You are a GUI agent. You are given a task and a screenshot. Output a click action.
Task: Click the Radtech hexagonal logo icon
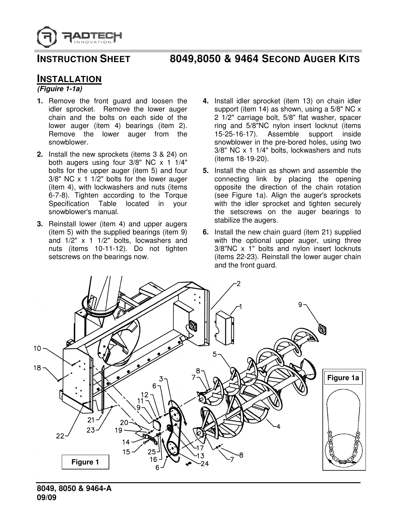(x=47, y=37)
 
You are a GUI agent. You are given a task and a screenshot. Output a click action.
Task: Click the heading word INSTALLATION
(x=69, y=79)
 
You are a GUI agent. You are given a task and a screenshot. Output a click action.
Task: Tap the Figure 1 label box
(x=85, y=462)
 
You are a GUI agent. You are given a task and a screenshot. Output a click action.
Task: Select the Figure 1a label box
(x=342, y=378)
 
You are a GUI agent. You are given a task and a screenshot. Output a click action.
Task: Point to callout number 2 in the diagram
(x=238, y=284)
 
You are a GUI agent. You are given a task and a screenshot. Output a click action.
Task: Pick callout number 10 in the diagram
(x=37, y=348)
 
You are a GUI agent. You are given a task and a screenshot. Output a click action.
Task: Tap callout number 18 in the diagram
(x=37, y=368)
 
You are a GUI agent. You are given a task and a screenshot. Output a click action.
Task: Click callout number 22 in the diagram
(x=60, y=436)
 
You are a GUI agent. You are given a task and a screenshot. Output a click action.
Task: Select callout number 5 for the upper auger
(x=215, y=354)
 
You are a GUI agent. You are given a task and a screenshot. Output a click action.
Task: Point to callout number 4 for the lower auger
(x=278, y=427)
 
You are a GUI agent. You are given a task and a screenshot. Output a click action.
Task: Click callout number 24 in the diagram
(x=205, y=464)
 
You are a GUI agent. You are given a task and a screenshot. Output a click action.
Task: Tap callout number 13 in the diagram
(x=200, y=455)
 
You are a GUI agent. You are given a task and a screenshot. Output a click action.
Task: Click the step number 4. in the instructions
(x=206, y=101)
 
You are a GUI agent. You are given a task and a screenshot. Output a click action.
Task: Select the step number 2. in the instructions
(x=40, y=154)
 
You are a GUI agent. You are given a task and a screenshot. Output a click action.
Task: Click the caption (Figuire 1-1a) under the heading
(x=60, y=89)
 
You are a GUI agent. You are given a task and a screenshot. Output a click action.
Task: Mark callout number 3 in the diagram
(x=161, y=379)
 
